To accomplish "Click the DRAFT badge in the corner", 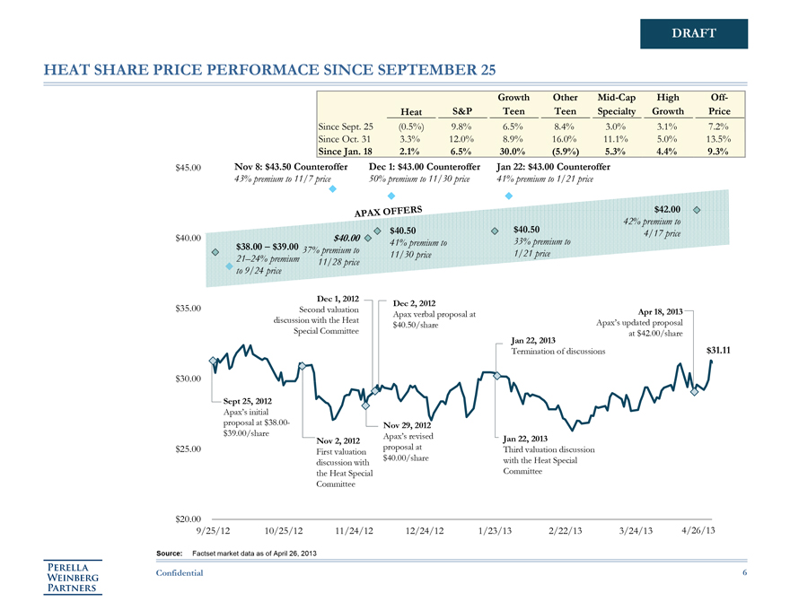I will [x=694, y=34].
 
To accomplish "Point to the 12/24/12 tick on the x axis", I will [x=426, y=531].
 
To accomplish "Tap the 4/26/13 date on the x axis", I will [x=698, y=531].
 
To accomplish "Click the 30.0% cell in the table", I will [x=515, y=152].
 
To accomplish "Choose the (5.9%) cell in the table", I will [x=565, y=152].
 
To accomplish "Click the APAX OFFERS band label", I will [x=387, y=212].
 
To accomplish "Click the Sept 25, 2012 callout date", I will [x=247, y=400].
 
